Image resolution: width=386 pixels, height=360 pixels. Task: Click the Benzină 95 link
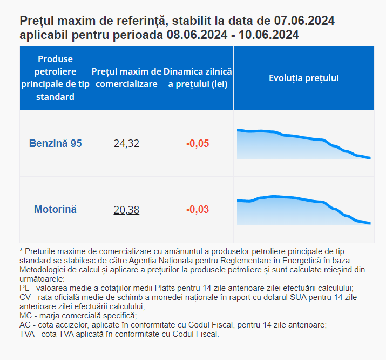pos(55,144)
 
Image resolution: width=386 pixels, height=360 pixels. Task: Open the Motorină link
pos(55,209)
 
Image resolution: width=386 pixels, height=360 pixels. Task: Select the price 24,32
pos(126,144)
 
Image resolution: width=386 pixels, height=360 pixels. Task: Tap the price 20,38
pos(126,210)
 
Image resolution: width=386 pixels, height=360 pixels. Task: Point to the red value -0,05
pos(198,144)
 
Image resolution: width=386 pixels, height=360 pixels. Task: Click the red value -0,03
pos(198,210)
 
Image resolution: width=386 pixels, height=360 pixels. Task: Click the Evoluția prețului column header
pos(303,78)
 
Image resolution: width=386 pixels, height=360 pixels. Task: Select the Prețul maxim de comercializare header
pos(126,78)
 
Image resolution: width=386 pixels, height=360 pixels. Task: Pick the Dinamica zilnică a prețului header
pos(198,78)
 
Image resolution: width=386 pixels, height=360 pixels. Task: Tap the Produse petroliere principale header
pos(55,78)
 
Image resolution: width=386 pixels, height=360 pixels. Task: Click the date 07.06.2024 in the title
pos(304,21)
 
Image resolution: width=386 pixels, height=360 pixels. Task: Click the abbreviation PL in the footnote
pos(24,288)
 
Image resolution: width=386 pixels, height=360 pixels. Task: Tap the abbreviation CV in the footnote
pos(25,298)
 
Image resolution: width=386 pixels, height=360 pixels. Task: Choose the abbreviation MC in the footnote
pos(25,316)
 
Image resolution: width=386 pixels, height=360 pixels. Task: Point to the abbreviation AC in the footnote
pos(25,325)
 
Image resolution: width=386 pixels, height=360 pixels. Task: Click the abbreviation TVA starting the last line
pos(28,334)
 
